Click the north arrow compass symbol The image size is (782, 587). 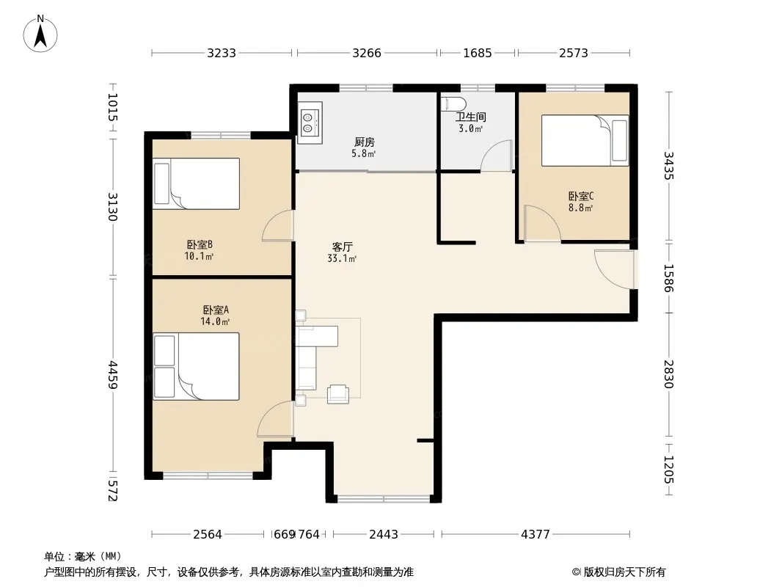40,34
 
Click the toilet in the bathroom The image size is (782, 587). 454,103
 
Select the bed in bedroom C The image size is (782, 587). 585,140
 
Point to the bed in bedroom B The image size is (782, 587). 196,183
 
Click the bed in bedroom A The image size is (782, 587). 196,367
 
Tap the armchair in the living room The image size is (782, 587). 338,394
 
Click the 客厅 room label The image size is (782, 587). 343,247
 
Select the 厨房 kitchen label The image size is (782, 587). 365,142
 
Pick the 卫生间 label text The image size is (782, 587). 471,117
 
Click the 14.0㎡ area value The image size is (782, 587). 215,321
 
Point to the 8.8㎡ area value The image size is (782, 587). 580,208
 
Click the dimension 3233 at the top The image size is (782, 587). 222,53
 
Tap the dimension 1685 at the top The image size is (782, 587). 478,53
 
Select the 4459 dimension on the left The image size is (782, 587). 113,376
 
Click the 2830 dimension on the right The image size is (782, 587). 669,374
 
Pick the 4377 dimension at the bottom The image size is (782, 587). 535,535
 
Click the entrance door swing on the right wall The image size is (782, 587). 614,269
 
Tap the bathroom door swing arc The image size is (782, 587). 496,156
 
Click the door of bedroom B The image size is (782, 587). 277,225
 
